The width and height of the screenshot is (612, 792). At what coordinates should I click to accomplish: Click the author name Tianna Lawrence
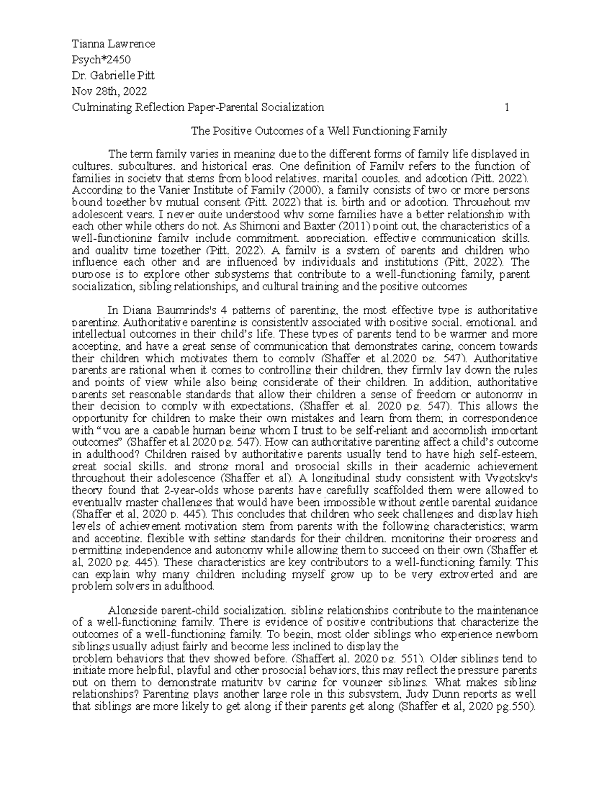[113, 44]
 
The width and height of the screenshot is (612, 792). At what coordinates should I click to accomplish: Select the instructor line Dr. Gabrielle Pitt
[113, 75]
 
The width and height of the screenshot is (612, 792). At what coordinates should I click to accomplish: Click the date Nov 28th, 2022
[109, 91]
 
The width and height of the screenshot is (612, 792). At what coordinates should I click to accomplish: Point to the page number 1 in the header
[506, 107]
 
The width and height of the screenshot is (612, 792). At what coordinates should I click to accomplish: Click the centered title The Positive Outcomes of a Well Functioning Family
[319, 131]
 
